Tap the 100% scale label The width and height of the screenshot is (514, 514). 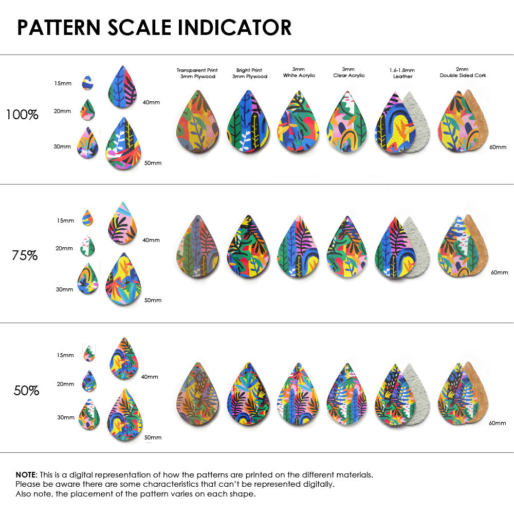pyautogui.click(x=22, y=115)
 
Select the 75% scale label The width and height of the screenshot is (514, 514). pyautogui.click(x=25, y=255)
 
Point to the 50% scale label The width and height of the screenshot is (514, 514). pyautogui.click(x=26, y=391)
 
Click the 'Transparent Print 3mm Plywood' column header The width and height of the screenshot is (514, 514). pyautogui.click(x=197, y=73)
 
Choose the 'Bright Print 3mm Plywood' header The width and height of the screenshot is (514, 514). pyautogui.click(x=249, y=73)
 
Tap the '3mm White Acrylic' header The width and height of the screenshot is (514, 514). pyautogui.click(x=299, y=72)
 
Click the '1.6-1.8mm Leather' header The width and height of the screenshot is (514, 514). pyautogui.click(x=402, y=73)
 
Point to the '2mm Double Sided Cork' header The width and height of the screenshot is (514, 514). pyautogui.click(x=463, y=72)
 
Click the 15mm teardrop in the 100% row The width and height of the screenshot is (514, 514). pyautogui.click(x=87, y=82)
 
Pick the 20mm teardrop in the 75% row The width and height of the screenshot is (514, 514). pyautogui.click(x=88, y=246)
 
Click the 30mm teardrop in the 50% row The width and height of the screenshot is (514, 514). pyautogui.click(x=89, y=415)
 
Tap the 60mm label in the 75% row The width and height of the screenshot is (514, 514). pyautogui.click(x=499, y=272)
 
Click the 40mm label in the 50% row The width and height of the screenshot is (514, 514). pyautogui.click(x=150, y=377)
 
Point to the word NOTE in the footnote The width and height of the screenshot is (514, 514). pyautogui.click(x=26, y=474)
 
